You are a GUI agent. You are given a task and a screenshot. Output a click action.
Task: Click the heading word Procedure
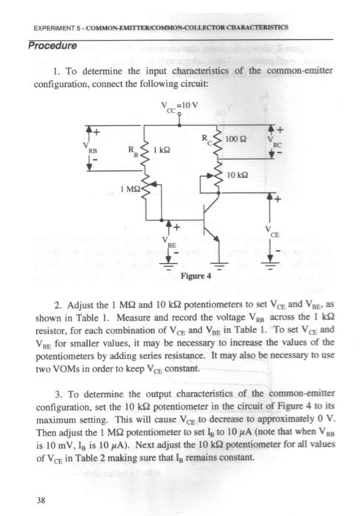click(x=52, y=46)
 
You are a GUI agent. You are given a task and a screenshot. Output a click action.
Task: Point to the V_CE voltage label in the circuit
click(x=274, y=231)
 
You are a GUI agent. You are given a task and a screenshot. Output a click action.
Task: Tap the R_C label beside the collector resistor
click(x=208, y=139)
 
